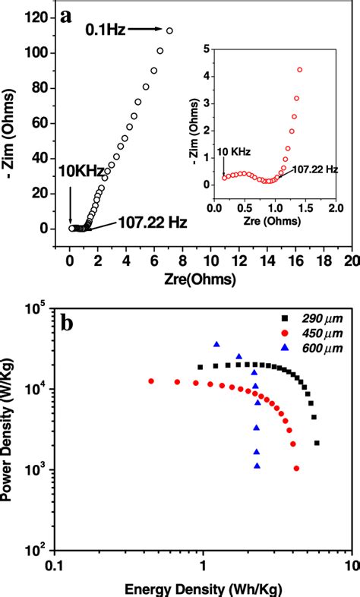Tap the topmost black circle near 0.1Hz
pos(169,31)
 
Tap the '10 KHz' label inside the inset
pos(233,152)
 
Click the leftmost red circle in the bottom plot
pos(151,381)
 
